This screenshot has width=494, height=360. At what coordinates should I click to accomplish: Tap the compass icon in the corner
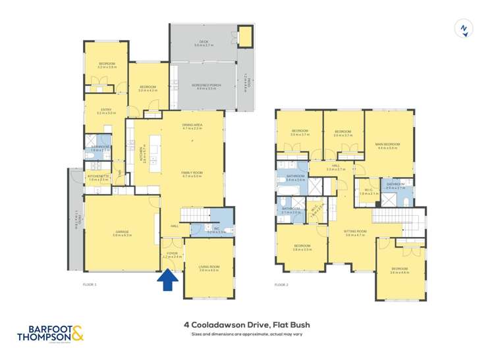coord(464,29)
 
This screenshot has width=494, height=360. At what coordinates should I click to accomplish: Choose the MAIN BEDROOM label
coord(389,144)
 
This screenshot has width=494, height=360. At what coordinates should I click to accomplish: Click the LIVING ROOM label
coord(209,266)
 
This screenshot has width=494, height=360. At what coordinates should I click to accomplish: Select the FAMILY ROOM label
coord(192,173)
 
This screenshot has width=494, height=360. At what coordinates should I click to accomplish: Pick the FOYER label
coord(173,253)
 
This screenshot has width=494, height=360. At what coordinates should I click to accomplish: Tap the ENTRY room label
coord(106,110)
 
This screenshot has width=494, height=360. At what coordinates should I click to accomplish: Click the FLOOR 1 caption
coord(90,285)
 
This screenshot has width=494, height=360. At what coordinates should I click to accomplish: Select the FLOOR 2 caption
coord(281,285)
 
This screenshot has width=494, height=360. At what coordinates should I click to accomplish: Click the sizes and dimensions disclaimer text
coord(247,334)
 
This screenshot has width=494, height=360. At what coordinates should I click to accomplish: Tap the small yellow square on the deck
coord(245,38)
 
